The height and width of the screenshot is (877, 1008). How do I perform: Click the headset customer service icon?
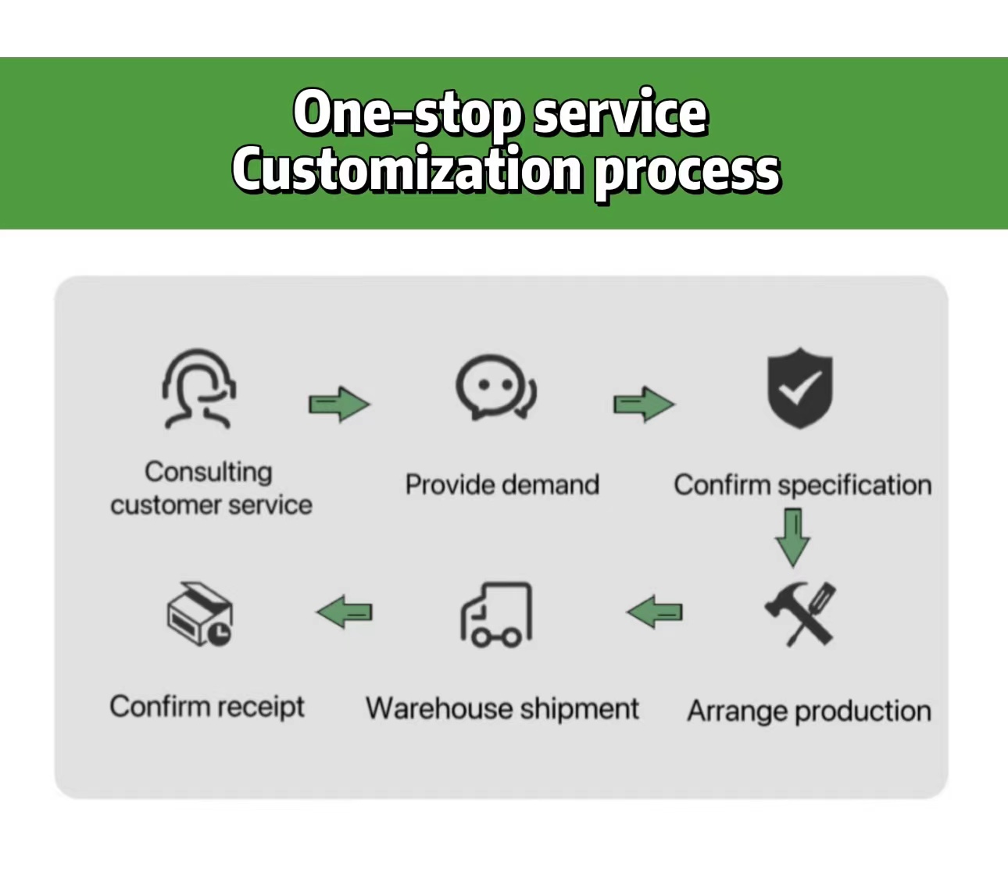pyautogui.click(x=199, y=388)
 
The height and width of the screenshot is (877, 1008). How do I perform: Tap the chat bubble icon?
pyautogui.click(x=496, y=387)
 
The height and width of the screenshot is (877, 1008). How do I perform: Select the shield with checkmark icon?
pyautogui.click(x=799, y=387)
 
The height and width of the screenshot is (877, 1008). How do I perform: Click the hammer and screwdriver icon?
pyautogui.click(x=799, y=614)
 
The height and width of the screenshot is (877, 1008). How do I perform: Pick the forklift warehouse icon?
pyautogui.click(x=496, y=615)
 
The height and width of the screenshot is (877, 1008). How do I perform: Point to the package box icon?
pyautogui.click(x=200, y=614)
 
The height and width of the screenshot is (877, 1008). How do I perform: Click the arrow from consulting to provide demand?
pyautogui.click(x=339, y=404)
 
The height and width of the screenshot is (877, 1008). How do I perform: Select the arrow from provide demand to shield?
pyautogui.click(x=644, y=404)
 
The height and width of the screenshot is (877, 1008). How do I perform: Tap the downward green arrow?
pyautogui.click(x=792, y=537)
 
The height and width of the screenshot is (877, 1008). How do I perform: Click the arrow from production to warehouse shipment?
pyautogui.click(x=655, y=612)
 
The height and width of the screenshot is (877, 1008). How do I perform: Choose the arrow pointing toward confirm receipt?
pyautogui.click(x=345, y=612)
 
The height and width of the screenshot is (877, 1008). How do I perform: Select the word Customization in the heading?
pyautogui.click(x=407, y=170)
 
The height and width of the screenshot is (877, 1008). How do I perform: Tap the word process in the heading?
pyautogui.click(x=687, y=172)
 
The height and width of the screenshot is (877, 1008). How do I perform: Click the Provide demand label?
pyautogui.click(x=502, y=485)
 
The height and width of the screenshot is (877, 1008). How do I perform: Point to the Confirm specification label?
pyautogui.click(x=802, y=485)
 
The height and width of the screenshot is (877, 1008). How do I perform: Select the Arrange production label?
pyautogui.click(x=809, y=711)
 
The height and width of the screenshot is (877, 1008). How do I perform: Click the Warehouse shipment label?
pyautogui.click(x=502, y=709)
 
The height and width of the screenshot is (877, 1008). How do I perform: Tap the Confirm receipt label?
pyautogui.click(x=207, y=707)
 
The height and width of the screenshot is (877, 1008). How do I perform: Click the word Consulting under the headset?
pyautogui.click(x=209, y=472)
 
